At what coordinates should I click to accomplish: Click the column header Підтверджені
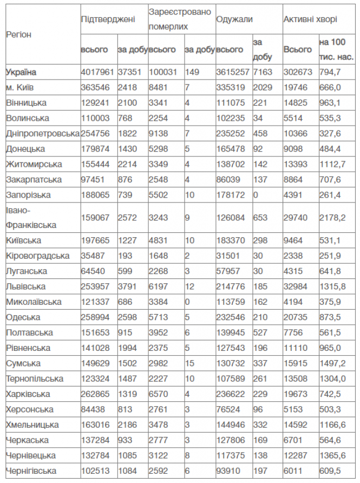(108, 19)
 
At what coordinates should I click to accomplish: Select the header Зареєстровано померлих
(180, 19)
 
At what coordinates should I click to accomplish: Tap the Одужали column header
(234, 19)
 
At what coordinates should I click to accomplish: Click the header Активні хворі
(310, 19)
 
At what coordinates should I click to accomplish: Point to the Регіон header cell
(19, 34)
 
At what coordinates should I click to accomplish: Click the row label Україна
(22, 72)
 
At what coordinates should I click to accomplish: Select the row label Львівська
(26, 286)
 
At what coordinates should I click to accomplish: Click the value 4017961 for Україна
(96, 72)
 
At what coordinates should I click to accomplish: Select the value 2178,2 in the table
(333, 217)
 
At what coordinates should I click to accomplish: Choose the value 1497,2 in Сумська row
(333, 363)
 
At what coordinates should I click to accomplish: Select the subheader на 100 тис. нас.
(336, 49)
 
